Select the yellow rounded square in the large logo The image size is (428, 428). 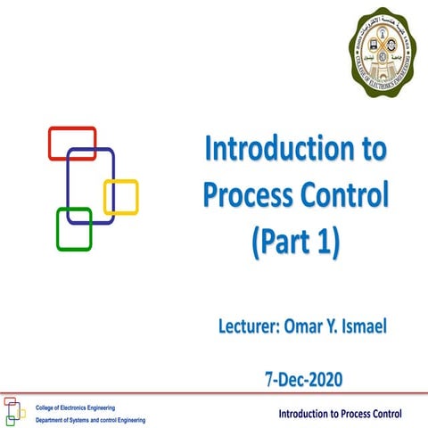point(121,197)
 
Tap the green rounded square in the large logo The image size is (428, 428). point(74,229)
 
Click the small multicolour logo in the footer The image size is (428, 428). point(14,411)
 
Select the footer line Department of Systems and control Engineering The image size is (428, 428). point(90,419)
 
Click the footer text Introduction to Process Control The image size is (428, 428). point(340,414)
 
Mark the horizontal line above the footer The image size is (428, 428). point(214,392)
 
